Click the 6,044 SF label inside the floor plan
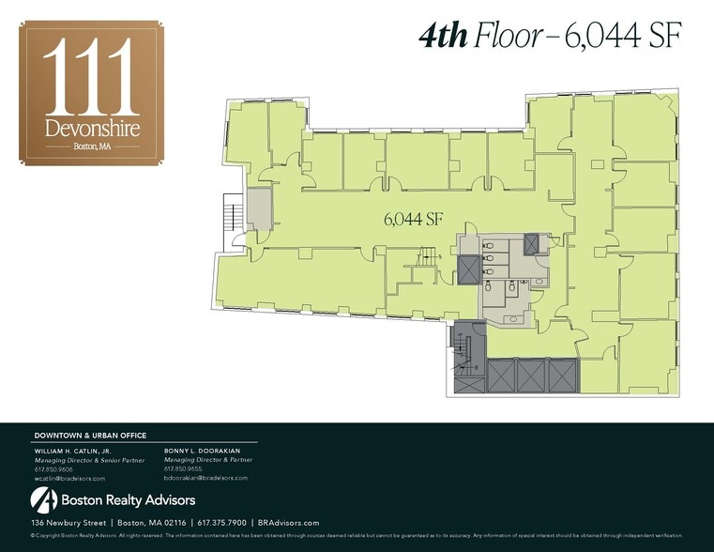point(413,220)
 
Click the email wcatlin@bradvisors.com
point(69,478)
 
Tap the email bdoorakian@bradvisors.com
point(205,478)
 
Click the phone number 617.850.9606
point(53,468)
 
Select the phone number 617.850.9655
point(183,468)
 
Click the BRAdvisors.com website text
point(289,523)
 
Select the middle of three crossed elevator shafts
point(531,376)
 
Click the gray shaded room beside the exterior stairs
point(259,209)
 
